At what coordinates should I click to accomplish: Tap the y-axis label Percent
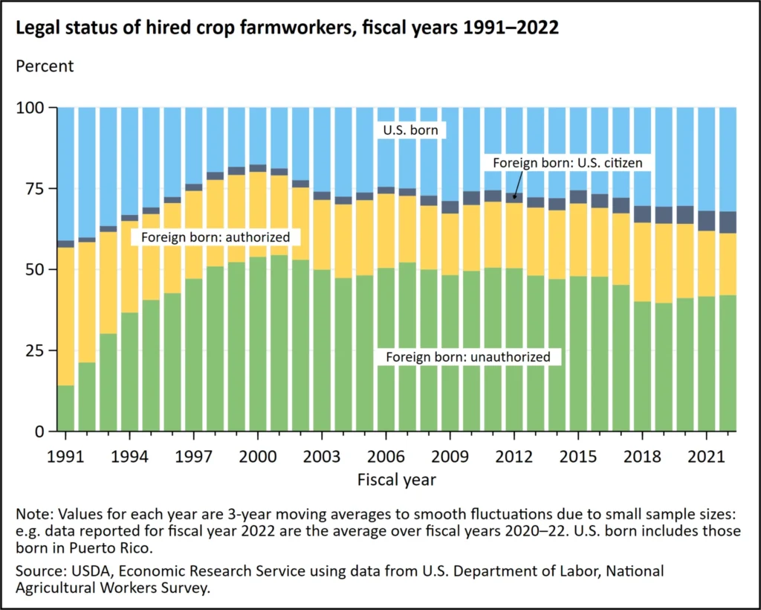pos(45,66)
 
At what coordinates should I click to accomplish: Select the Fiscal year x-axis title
pos(395,479)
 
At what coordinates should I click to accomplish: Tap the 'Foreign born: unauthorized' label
pos(468,357)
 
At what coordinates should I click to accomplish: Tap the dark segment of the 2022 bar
pos(727,222)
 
